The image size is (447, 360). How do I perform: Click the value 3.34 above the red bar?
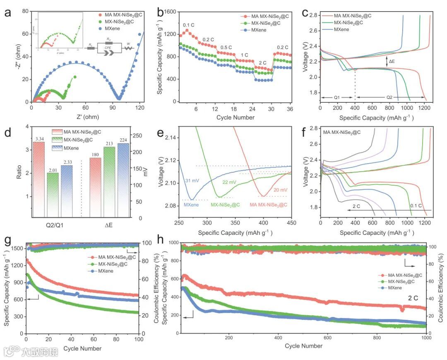click(38, 138)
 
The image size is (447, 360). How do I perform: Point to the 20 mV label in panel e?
click(280, 190)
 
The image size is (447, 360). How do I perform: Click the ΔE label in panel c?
click(392, 61)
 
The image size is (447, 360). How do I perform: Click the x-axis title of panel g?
click(82, 348)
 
